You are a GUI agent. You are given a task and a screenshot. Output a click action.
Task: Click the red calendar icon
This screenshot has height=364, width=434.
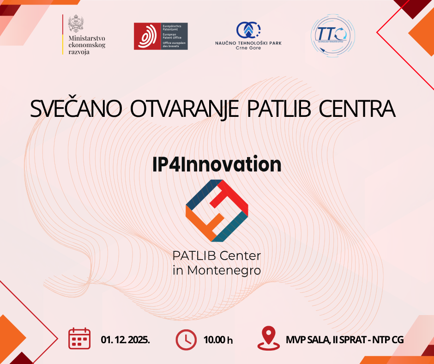click(x=79, y=339)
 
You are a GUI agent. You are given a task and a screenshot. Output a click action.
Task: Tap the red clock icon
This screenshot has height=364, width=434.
click(x=187, y=339)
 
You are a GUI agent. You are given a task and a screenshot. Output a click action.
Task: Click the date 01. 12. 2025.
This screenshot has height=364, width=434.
click(x=126, y=340)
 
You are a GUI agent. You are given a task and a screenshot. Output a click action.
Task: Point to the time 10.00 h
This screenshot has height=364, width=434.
click(x=218, y=340)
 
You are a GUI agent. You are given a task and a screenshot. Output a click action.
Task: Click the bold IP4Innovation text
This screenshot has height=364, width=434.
click(x=217, y=165)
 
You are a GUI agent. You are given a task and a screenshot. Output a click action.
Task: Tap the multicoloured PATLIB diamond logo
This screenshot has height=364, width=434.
click(x=217, y=210)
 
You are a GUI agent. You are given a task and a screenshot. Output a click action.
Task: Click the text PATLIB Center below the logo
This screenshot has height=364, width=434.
click(x=217, y=255)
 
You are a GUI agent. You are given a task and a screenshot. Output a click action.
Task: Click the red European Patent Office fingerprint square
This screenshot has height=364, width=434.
click(x=147, y=36)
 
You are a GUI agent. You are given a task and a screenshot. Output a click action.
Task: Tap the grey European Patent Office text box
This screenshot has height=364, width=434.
click(x=175, y=36)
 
